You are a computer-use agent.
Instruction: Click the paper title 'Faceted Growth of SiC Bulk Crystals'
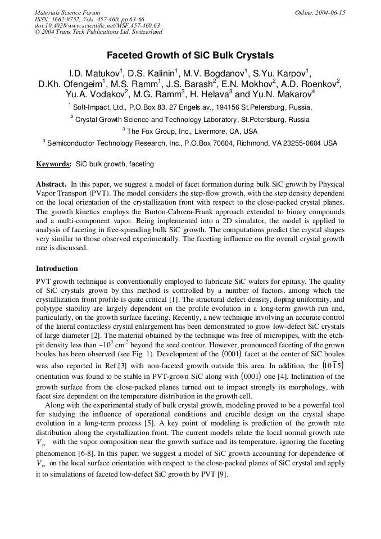click(190, 56)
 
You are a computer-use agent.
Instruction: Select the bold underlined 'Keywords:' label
click(53, 164)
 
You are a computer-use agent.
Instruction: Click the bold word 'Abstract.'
click(52, 184)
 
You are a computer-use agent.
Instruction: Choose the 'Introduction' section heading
click(57, 269)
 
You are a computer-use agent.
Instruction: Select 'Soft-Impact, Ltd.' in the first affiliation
click(99, 107)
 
